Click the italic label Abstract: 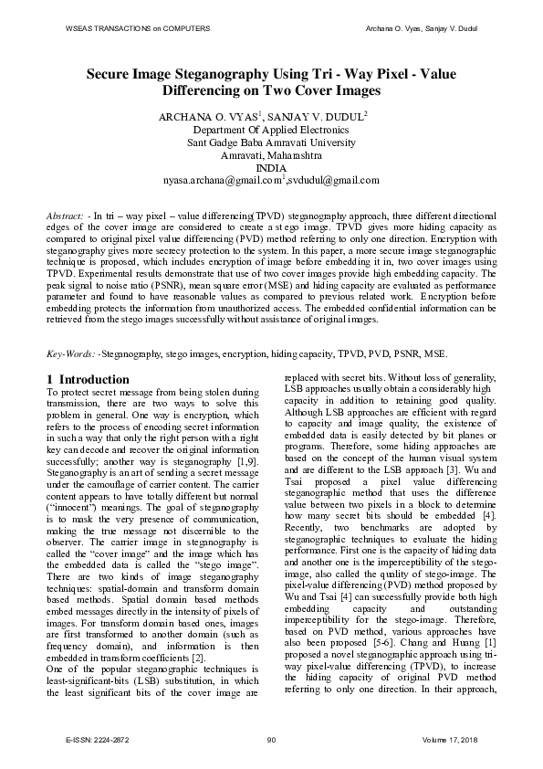(68, 215)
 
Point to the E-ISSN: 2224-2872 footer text (99, 738)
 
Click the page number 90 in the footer (271, 738)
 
